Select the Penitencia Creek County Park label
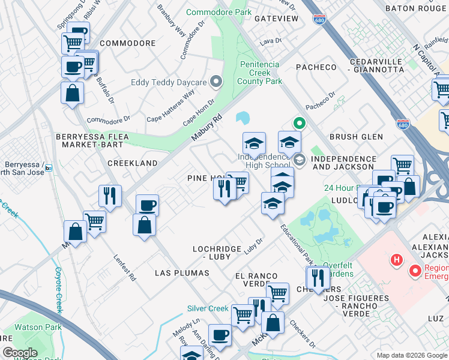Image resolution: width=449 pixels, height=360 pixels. click(x=260, y=73)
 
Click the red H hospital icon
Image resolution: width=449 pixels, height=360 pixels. click(x=396, y=260)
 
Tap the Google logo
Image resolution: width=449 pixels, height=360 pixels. click(x=20, y=353)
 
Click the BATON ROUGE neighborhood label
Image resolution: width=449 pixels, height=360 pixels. click(x=416, y=8)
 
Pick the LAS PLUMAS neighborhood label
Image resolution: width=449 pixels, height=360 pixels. click(x=182, y=273)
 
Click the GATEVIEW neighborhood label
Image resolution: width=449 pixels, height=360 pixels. click(x=276, y=19)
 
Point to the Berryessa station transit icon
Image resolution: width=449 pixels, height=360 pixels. click(x=49, y=167)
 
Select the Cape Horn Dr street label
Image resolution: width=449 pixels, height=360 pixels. click(x=199, y=113)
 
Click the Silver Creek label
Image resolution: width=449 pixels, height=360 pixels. click(x=208, y=308)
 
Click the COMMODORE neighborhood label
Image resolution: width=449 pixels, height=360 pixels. click(x=128, y=43)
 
